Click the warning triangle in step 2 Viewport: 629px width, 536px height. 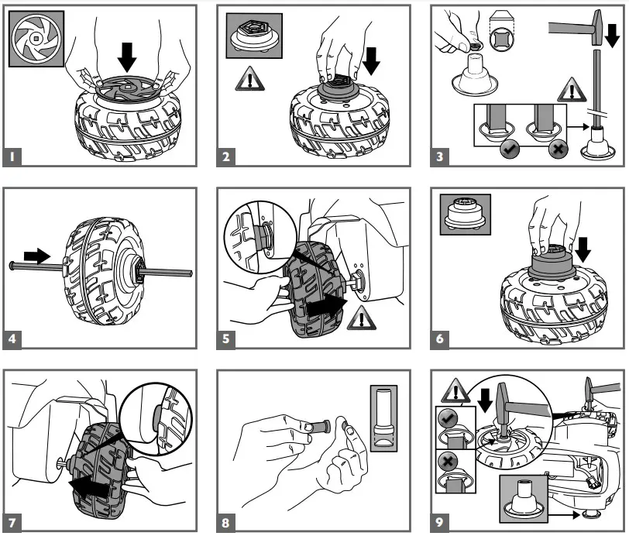tap(249, 78)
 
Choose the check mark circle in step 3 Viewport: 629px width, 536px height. tap(509, 149)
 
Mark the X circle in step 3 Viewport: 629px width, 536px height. tap(556, 149)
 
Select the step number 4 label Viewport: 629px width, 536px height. tap(13, 339)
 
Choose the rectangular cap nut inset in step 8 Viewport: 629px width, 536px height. tap(383, 418)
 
